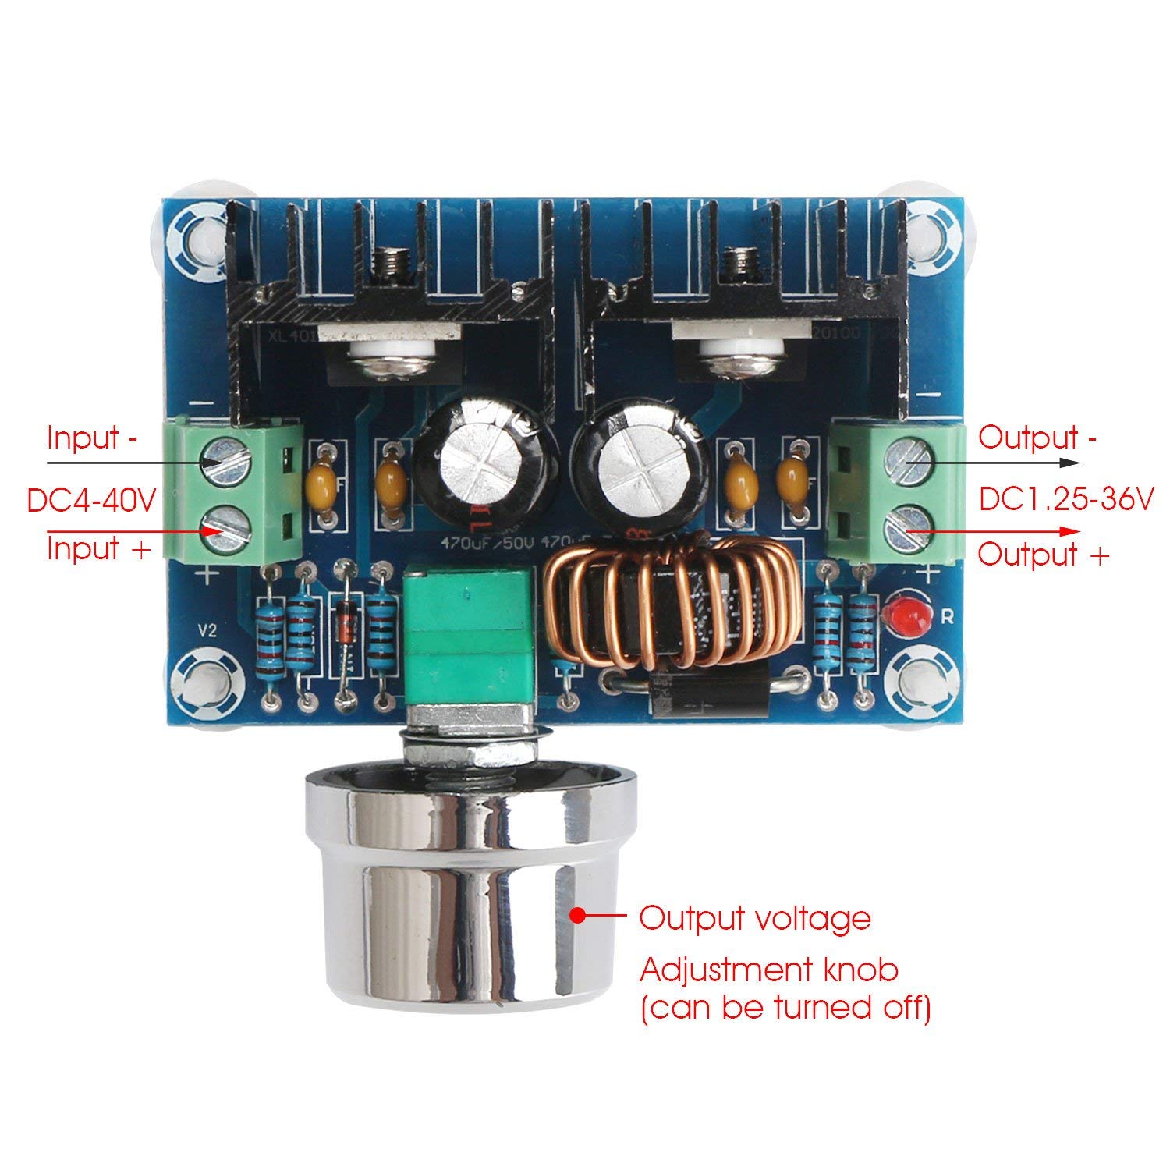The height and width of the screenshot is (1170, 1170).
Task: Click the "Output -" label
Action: pyautogui.click(x=1037, y=438)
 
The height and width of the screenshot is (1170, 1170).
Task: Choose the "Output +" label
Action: pyautogui.click(x=1043, y=555)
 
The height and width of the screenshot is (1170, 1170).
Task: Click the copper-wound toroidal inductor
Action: pyautogui.click(x=671, y=604)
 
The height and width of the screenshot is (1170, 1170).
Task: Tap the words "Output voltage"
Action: pyautogui.click(x=754, y=918)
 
